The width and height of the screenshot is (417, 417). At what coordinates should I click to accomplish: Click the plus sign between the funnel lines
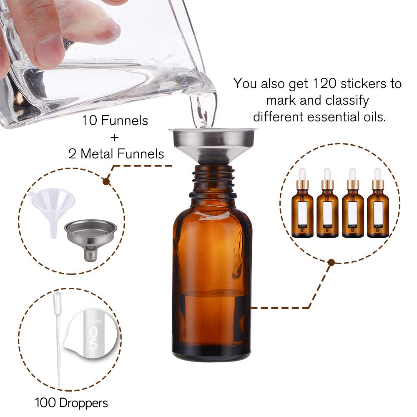[x=115, y=138]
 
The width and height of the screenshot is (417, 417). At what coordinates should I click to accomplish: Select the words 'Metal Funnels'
[x=122, y=154]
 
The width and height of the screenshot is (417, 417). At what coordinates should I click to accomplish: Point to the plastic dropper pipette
[x=58, y=329]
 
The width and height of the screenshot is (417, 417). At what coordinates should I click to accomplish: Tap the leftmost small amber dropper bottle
[x=302, y=208]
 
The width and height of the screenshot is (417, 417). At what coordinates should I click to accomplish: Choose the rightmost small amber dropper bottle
[x=378, y=208]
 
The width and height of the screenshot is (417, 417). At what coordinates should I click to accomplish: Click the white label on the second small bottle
[x=327, y=213]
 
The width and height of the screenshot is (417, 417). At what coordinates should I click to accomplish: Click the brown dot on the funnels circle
[x=106, y=181]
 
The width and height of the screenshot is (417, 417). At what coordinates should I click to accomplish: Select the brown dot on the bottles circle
[x=332, y=262]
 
